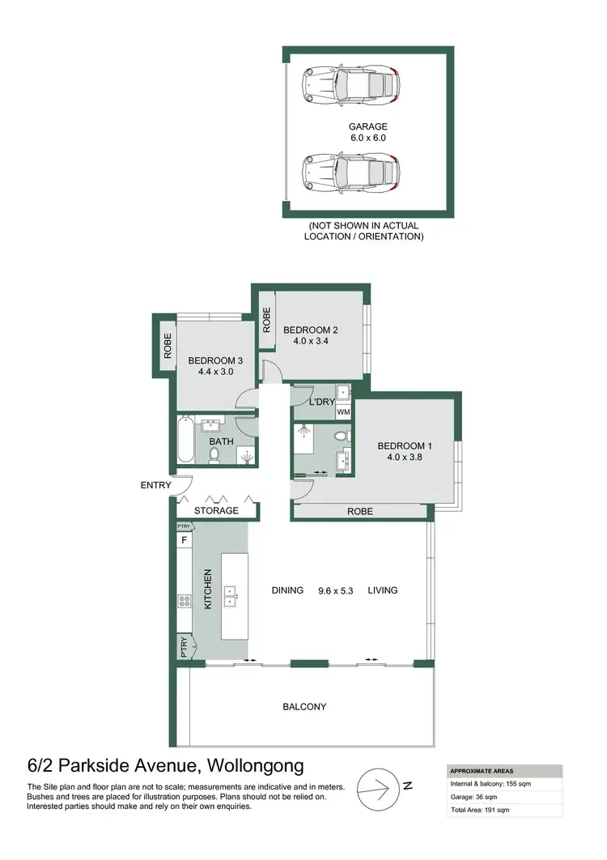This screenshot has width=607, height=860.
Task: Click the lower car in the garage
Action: coord(351,172)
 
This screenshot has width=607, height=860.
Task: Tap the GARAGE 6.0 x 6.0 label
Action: coord(368,132)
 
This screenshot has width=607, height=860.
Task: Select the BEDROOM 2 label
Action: coord(310,336)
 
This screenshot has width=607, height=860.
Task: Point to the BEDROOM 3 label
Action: coord(215,366)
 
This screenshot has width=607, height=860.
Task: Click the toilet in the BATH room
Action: coord(214,455)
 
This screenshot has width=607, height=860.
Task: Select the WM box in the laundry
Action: coord(343,412)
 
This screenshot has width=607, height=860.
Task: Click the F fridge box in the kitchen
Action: coord(184,540)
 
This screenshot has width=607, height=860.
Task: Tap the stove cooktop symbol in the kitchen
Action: coord(184,601)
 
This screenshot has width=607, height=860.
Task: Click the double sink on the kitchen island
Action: coord(231,595)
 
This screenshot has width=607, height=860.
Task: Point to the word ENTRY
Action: coord(155,486)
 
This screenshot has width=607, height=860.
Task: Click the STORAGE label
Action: coord(216,511)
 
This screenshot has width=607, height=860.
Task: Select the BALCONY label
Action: coord(304,707)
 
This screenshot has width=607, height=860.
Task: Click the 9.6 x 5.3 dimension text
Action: coord(335,590)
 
